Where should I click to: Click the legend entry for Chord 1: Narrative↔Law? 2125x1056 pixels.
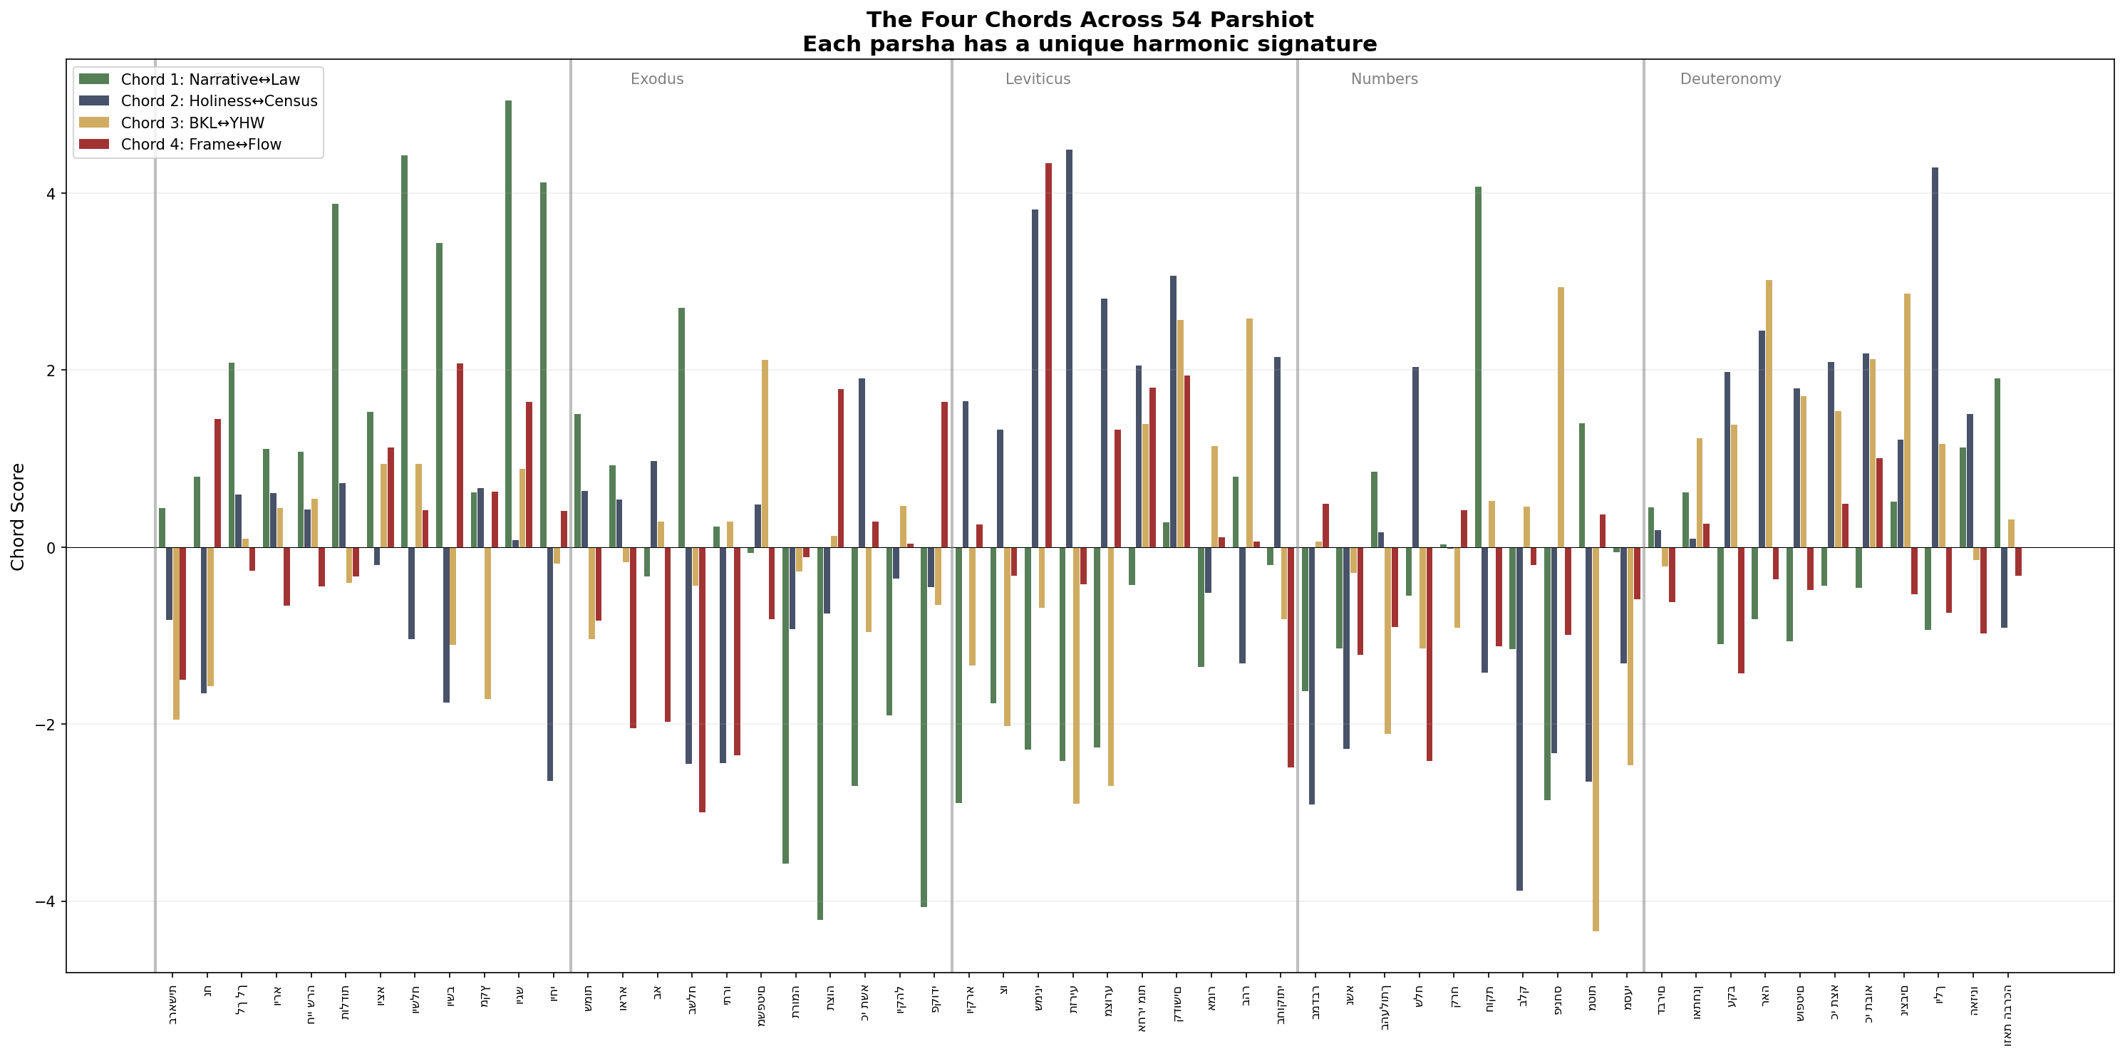[210, 79]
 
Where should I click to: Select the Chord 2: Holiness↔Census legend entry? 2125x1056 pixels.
[219, 100]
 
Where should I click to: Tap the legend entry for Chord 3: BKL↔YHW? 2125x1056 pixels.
[192, 123]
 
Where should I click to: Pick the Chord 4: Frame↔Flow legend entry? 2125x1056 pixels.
[200, 145]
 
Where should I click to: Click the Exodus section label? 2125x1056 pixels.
[656, 79]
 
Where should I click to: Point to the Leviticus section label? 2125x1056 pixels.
[1037, 79]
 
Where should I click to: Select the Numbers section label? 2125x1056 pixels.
[1383, 79]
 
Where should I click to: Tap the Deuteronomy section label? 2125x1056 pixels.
[1730, 79]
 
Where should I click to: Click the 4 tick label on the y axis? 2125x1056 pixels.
[51, 194]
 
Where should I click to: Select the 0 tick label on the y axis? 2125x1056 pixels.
[51, 548]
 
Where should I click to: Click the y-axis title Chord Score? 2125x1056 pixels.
[18, 517]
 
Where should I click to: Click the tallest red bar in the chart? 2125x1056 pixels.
[1048, 355]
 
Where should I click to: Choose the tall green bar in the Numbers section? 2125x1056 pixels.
[1478, 367]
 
